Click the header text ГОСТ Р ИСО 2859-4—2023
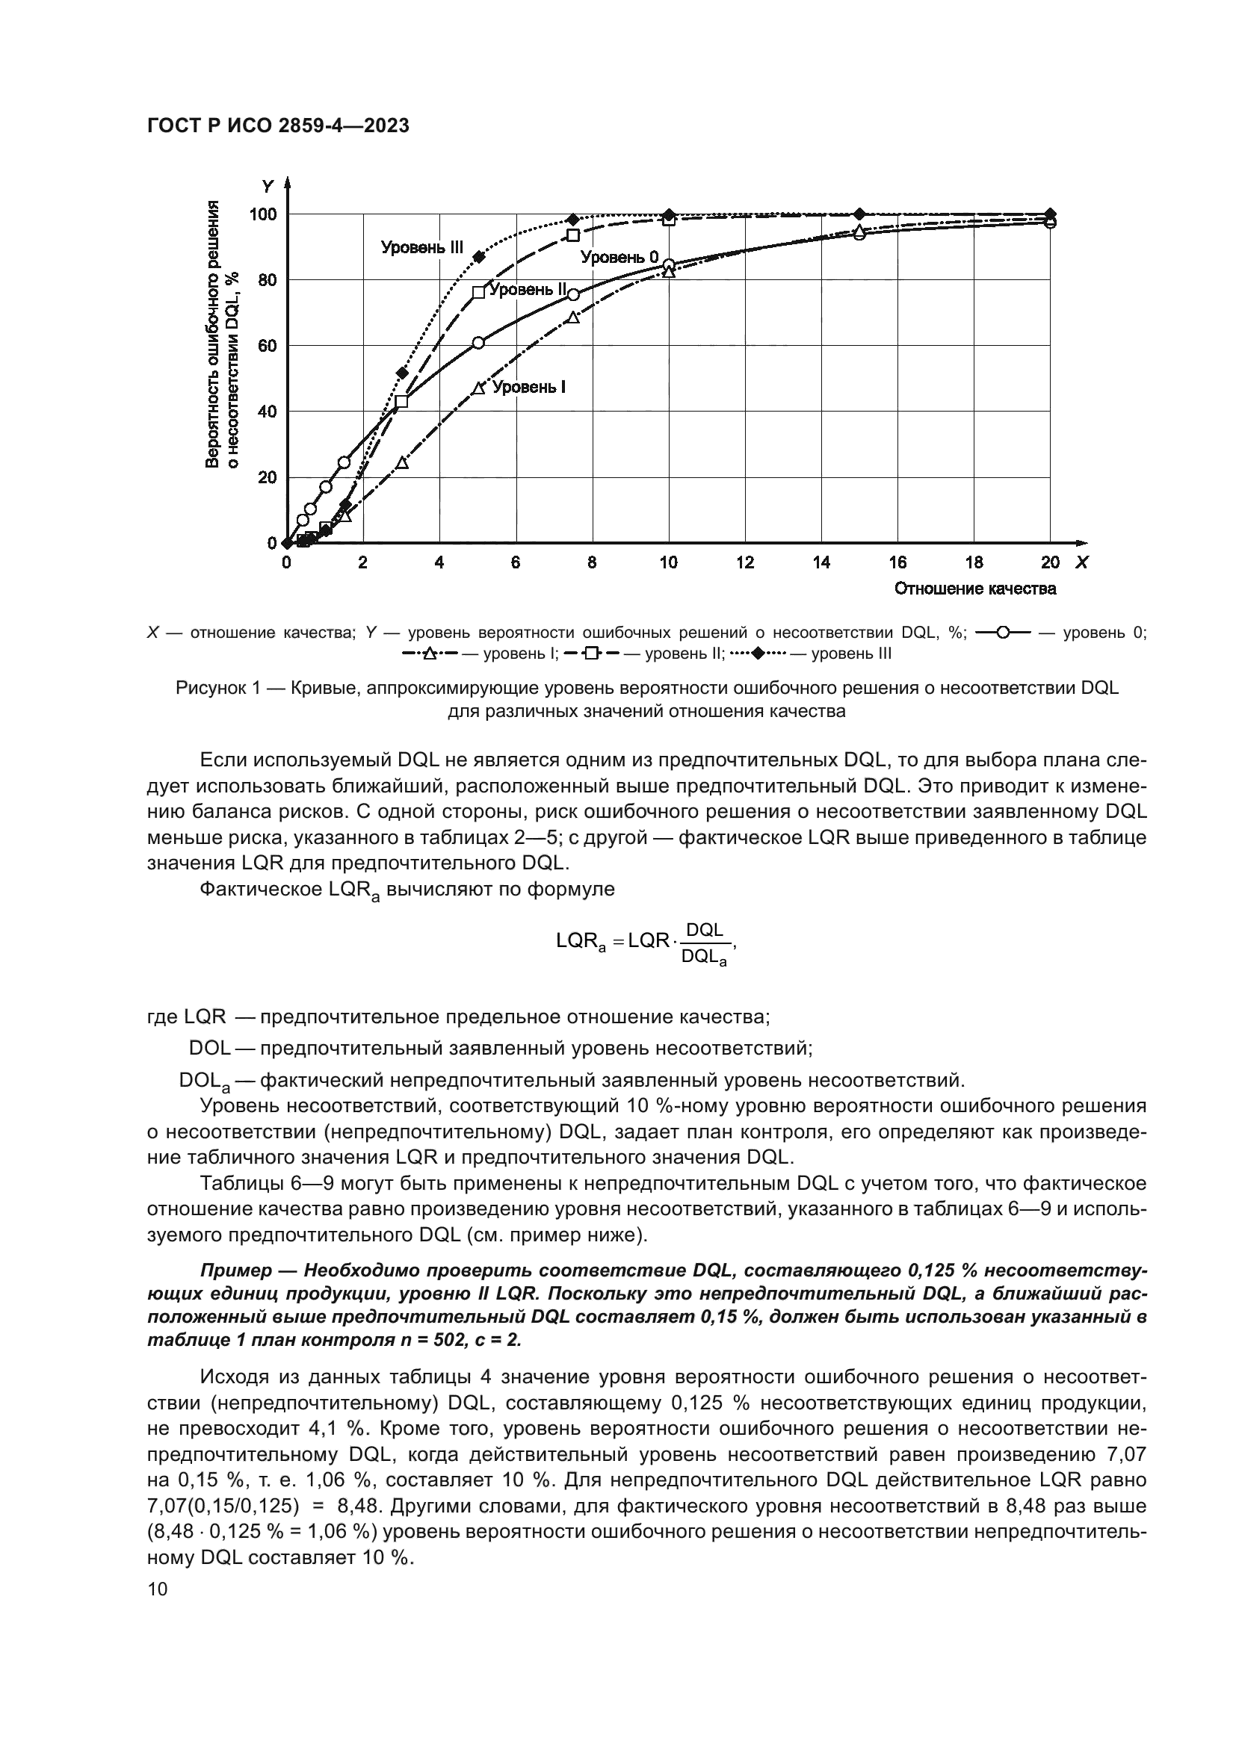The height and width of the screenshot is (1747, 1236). tap(278, 126)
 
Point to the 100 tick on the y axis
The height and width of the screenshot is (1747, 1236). tap(263, 214)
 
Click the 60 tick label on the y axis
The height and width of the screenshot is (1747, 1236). tap(266, 347)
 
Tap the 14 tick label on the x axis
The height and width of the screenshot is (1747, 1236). tap(821, 563)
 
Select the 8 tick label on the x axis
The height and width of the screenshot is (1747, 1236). tap(592, 563)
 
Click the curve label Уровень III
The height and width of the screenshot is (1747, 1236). tap(421, 247)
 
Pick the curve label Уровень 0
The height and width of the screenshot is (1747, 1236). tap(619, 257)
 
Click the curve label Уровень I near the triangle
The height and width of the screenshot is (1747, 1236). tap(528, 388)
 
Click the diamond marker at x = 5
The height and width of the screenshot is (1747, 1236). tap(479, 256)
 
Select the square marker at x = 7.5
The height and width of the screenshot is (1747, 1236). tap(573, 235)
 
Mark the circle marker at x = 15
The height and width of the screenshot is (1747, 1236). tap(859, 235)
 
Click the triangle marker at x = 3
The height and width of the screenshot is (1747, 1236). tap(402, 462)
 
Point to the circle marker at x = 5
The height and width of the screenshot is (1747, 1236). tap(478, 343)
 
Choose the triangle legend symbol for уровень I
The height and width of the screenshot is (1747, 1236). tap(429, 654)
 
